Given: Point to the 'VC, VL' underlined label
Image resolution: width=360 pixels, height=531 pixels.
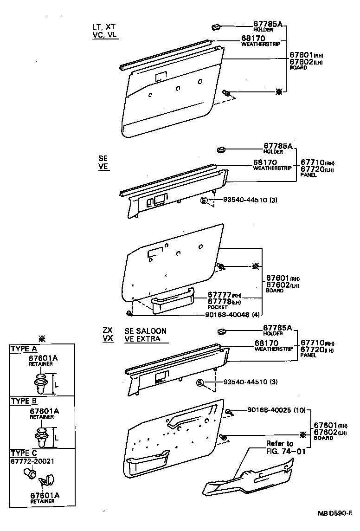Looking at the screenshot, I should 105,35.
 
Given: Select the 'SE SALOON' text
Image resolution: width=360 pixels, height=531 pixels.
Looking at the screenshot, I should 145,331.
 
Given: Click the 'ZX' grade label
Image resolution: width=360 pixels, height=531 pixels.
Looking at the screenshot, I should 107,330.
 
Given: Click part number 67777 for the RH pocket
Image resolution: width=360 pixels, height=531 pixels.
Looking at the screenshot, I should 219,295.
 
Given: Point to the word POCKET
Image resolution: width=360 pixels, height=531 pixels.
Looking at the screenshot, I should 218,307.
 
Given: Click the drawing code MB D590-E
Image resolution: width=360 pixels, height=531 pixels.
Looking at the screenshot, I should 335,513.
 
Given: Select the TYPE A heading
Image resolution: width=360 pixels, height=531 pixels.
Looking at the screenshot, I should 24,349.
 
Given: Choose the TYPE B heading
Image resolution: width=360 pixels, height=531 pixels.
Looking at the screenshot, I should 24,401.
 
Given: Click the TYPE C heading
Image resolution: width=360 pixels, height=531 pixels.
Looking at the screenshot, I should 24,453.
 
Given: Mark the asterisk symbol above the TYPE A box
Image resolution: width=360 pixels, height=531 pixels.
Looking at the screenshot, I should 42,338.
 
